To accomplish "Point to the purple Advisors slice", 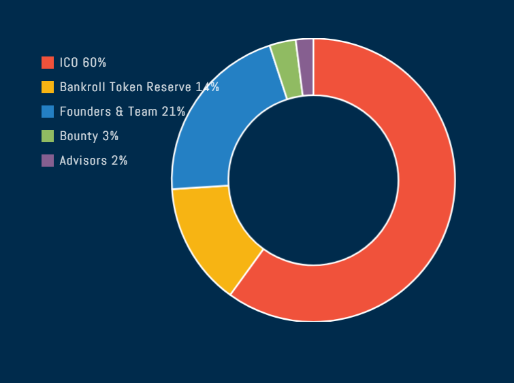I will tap(306, 67).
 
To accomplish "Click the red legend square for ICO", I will tap(48, 63).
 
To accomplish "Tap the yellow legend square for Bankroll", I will tap(48, 87).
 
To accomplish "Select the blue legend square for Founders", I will tap(48, 112).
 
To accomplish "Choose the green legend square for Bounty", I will tap(48, 136).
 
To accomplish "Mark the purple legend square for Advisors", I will tap(48, 161).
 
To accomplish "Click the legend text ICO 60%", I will tap(83, 63).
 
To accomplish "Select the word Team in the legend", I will tap(143, 112).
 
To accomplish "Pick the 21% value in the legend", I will tap(173, 112).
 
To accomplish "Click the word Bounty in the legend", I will tap(78, 136).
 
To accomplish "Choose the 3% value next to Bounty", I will tap(110, 136).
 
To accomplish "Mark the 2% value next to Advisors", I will tap(119, 161).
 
